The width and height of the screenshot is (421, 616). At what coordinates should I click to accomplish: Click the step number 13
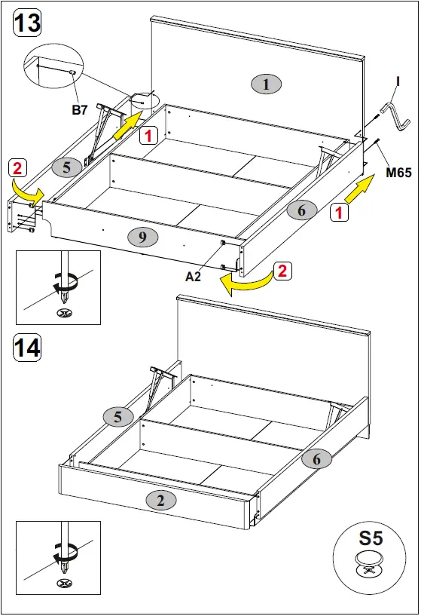27,23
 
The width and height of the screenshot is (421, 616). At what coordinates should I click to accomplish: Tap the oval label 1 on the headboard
265,84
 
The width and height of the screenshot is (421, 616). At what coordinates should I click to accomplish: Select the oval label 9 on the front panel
142,237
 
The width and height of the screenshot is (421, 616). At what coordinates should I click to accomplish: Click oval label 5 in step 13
67,167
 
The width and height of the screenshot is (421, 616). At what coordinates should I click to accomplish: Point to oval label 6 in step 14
316,458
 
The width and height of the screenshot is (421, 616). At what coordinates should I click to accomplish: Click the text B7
80,110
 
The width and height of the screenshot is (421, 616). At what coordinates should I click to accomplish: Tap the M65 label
398,173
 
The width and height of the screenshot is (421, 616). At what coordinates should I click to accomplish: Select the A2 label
194,277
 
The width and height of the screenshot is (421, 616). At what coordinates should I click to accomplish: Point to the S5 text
370,539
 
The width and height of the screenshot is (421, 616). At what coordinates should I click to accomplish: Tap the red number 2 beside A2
282,271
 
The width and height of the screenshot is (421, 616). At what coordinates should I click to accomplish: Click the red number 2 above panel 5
19,166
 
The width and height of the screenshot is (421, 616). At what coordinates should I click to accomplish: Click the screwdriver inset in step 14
58,557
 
